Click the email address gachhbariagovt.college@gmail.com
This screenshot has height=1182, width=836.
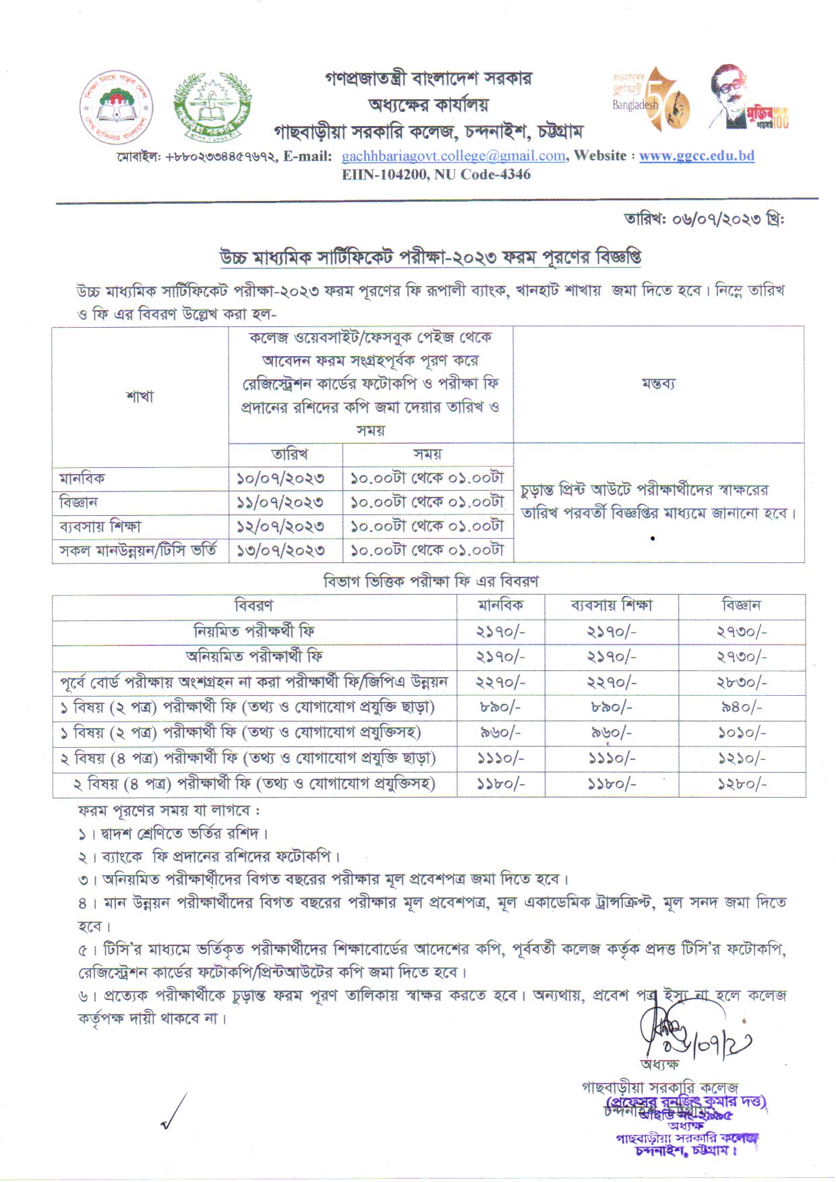tap(453, 156)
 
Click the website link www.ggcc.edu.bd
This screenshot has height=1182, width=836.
tap(696, 156)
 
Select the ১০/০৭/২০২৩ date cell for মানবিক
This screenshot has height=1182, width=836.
tap(280, 479)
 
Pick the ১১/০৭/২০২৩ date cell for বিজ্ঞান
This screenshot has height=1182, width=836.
tap(280, 502)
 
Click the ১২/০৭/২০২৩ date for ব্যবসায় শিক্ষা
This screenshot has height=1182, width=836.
tap(280, 526)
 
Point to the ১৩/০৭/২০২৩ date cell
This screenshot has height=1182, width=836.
tap(280, 550)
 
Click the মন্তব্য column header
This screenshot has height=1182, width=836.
tap(658, 384)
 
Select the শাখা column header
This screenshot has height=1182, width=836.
tap(140, 396)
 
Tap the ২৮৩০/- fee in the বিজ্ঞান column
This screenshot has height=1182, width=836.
tap(742, 682)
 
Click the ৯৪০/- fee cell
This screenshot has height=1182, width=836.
tap(742, 707)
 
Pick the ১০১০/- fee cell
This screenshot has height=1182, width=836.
tap(742, 733)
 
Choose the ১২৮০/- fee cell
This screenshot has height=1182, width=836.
tap(742, 784)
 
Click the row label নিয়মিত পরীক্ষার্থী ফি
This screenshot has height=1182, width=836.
tap(254, 632)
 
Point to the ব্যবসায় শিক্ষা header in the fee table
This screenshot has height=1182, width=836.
tap(611, 605)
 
